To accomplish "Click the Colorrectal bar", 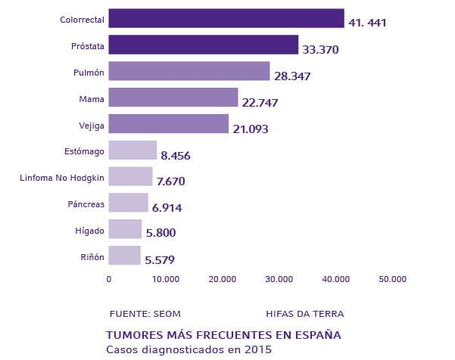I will [226, 18].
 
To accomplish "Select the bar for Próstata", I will [203, 45].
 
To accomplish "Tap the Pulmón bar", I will [189, 71].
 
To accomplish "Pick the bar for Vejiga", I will [168, 123].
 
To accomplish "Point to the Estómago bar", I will [132, 150].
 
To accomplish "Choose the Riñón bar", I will [124, 256].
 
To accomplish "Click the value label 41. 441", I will [367, 23].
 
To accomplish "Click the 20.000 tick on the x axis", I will [223, 279].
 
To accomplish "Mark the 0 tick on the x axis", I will [109, 279].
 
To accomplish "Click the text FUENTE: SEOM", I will [145, 313].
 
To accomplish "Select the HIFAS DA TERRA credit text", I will [304, 313].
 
